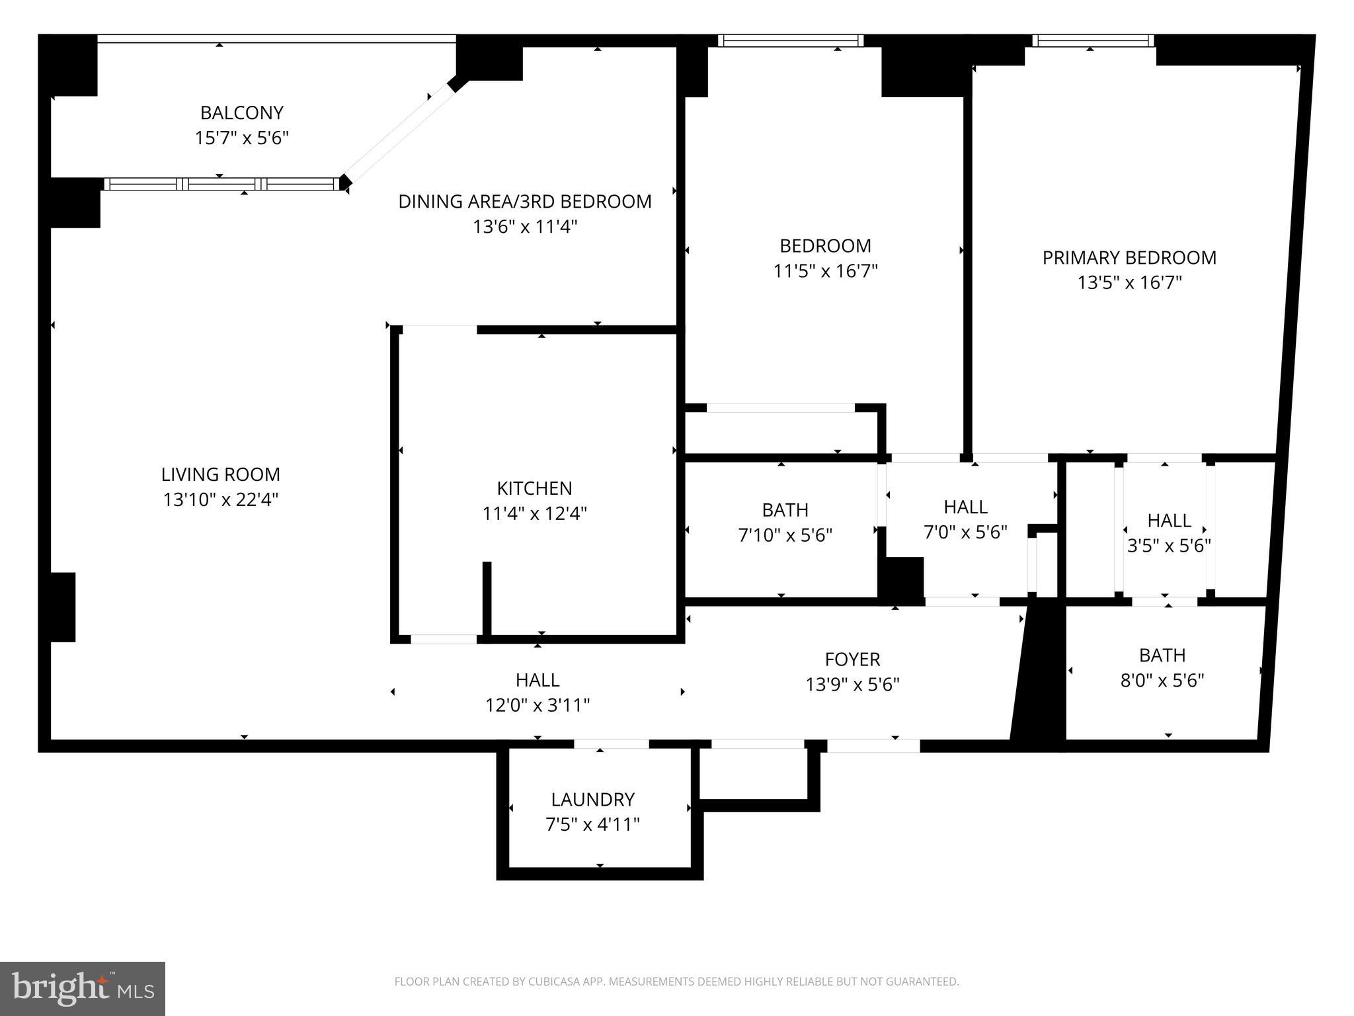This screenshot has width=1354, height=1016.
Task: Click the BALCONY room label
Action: (242, 112)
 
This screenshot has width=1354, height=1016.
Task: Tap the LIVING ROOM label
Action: (221, 474)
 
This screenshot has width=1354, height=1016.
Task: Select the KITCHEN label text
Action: (534, 488)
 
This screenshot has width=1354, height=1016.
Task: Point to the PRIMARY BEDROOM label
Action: (1129, 257)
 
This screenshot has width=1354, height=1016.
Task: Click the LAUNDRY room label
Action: (593, 800)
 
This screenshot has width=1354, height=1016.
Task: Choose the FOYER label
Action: (853, 659)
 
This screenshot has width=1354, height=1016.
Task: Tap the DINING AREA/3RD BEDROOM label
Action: (525, 201)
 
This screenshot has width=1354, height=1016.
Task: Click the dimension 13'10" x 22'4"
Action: (221, 499)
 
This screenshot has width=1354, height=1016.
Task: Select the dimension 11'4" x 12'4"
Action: (534, 513)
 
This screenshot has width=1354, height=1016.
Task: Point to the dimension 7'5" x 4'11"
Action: (593, 825)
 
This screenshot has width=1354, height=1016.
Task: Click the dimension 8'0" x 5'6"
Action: (1162, 681)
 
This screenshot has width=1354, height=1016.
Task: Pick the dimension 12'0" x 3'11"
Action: (538, 705)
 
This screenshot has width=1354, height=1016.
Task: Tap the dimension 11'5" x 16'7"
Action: (826, 271)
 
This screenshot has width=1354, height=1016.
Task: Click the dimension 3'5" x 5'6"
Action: (1169, 546)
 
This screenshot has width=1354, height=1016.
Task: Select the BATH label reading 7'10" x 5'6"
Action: (785, 510)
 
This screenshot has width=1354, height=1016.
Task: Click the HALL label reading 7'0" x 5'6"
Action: (966, 507)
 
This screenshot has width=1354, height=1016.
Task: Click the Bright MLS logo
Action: (83, 989)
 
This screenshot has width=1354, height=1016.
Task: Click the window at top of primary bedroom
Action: (1094, 41)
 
